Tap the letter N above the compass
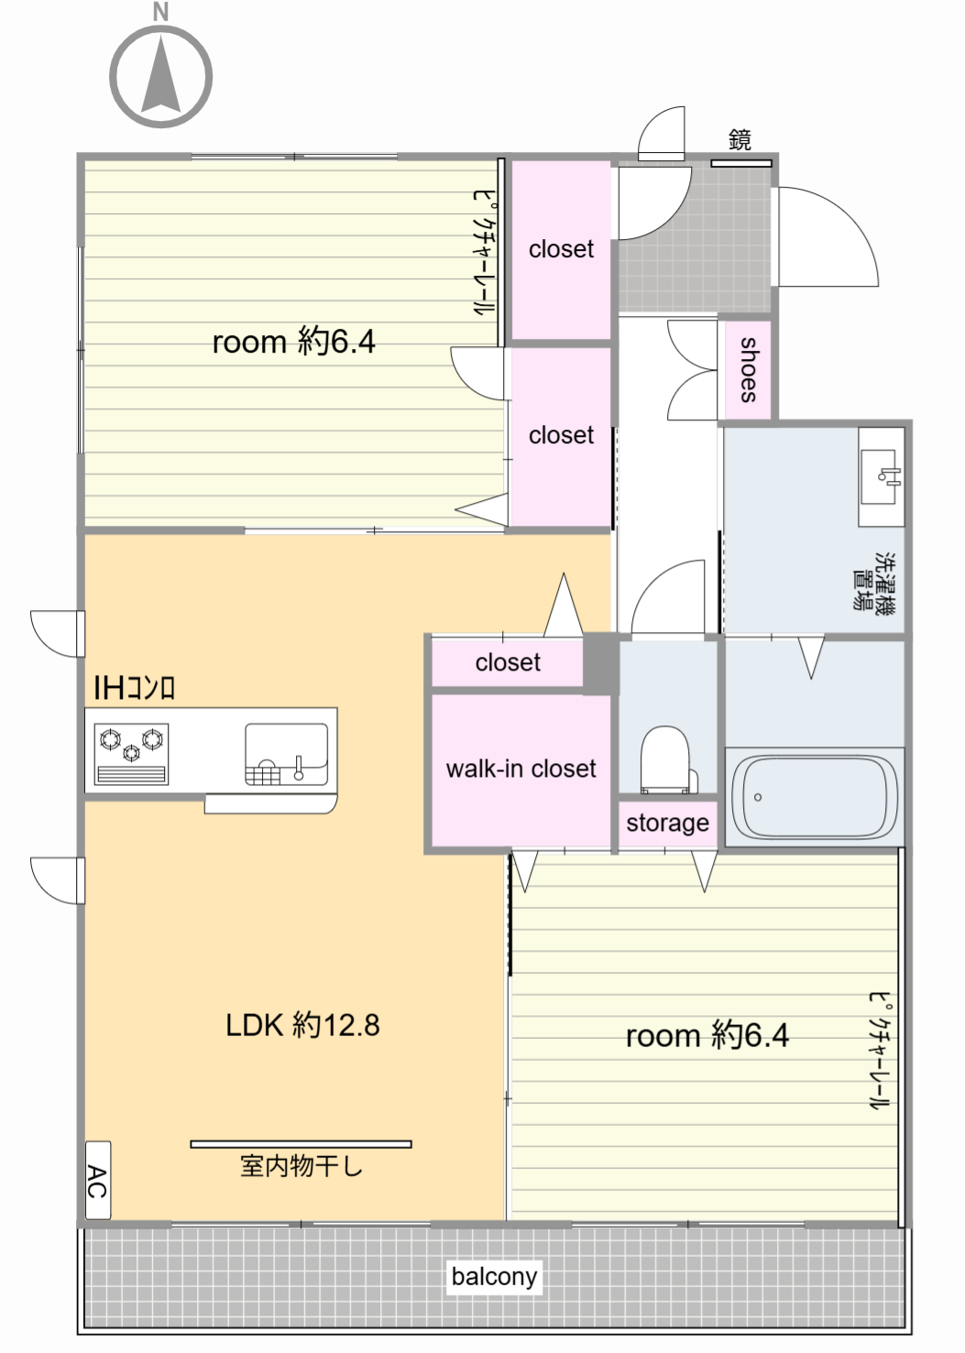coord(160,12)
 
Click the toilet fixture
coord(668,759)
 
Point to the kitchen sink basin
coord(287,755)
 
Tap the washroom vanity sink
coord(881,476)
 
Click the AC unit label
coord(98,1181)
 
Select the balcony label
coord(494,1276)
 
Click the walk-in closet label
coord(521,769)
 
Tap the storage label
coord(667,823)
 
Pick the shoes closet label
coord(749,370)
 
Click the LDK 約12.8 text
coord(302,1025)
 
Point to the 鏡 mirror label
coord(740,139)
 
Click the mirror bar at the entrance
coord(740,162)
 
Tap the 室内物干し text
coord(301,1166)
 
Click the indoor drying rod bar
coord(301,1144)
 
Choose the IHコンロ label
coord(134,688)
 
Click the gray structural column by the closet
coord(600,663)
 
